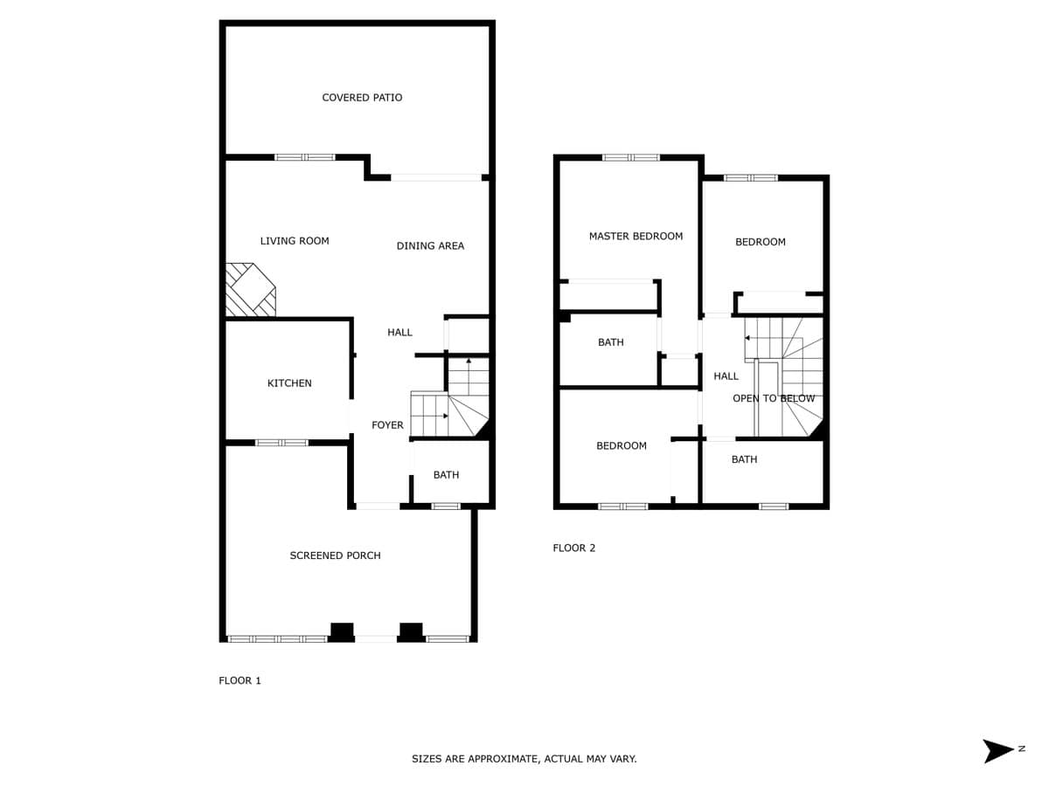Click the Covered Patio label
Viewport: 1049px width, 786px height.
point(362,97)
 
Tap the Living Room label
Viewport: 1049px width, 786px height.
point(295,240)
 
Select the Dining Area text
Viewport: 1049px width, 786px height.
point(430,245)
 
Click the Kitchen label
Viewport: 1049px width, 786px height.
point(289,383)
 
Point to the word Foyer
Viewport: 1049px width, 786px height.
point(387,424)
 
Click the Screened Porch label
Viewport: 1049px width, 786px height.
point(335,555)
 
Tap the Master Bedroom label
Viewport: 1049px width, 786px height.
point(636,236)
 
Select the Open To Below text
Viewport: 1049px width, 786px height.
point(774,398)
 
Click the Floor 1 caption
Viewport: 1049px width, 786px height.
point(240,680)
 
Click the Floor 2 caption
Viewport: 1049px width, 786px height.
point(574,548)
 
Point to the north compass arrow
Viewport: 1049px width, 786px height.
point(997,751)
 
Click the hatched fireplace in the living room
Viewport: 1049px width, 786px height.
point(250,290)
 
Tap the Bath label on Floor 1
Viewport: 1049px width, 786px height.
point(446,475)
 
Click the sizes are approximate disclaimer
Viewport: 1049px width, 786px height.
point(524,759)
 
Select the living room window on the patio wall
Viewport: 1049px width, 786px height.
point(305,157)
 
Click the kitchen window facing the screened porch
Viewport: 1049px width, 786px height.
point(282,443)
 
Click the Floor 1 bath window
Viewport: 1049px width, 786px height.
point(446,507)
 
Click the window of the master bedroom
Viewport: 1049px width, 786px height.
point(631,157)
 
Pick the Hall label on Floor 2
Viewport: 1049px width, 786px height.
point(726,376)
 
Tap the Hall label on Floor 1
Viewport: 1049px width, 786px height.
point(399,332)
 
